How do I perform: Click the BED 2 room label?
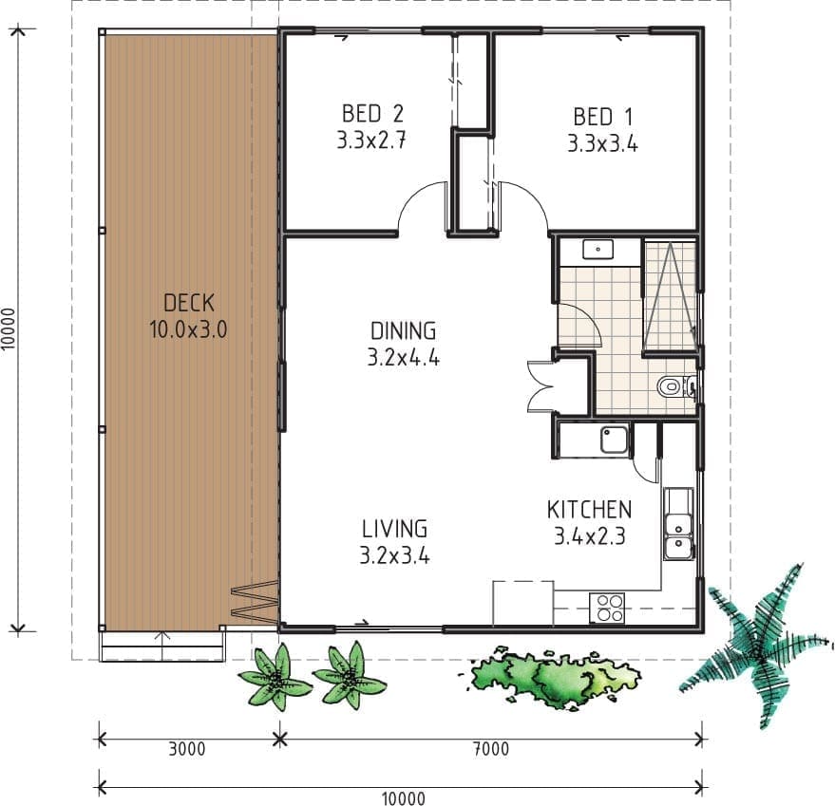(372, 114)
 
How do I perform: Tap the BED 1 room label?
(602, 117)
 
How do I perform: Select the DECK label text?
(188, 303)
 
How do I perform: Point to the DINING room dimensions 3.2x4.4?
(403, 358)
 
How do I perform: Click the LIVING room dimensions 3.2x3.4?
(394, 555)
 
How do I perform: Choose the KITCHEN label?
(589, 510)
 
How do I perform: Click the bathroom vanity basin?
(598, 249)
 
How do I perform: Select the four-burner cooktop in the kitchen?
(607, 608)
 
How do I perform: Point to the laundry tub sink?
(614, 440)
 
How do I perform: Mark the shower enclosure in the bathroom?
(671, 295)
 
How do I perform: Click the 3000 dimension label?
(187, 749)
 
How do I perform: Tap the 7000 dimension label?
(491, 749)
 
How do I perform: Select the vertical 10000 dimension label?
(8, 329)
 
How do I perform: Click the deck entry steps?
(162, 646)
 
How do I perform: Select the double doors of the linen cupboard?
(541, 386)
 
